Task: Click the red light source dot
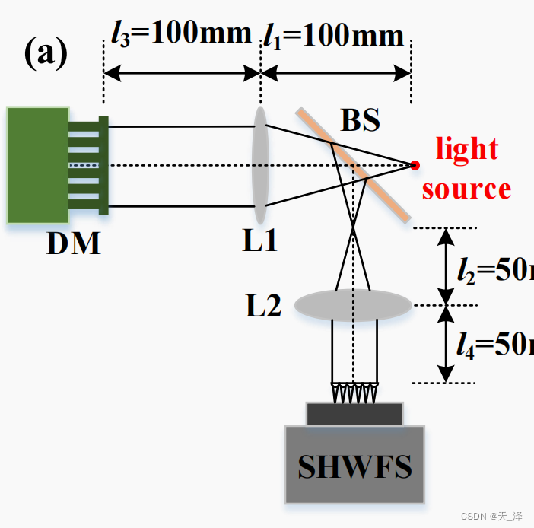coord(414,164)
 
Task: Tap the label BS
coord(360,120)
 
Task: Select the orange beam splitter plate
coord(354,165)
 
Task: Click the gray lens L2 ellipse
coord(353,305)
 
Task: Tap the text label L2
coord(263,306)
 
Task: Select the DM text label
coord(73,243)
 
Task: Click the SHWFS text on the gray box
coord(354,466)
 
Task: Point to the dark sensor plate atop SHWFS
coord(354,414)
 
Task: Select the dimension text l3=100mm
coord(181,33)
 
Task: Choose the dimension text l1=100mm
coord(333,35)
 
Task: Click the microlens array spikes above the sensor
coord(354,393)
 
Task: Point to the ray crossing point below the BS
coord(353,226)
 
